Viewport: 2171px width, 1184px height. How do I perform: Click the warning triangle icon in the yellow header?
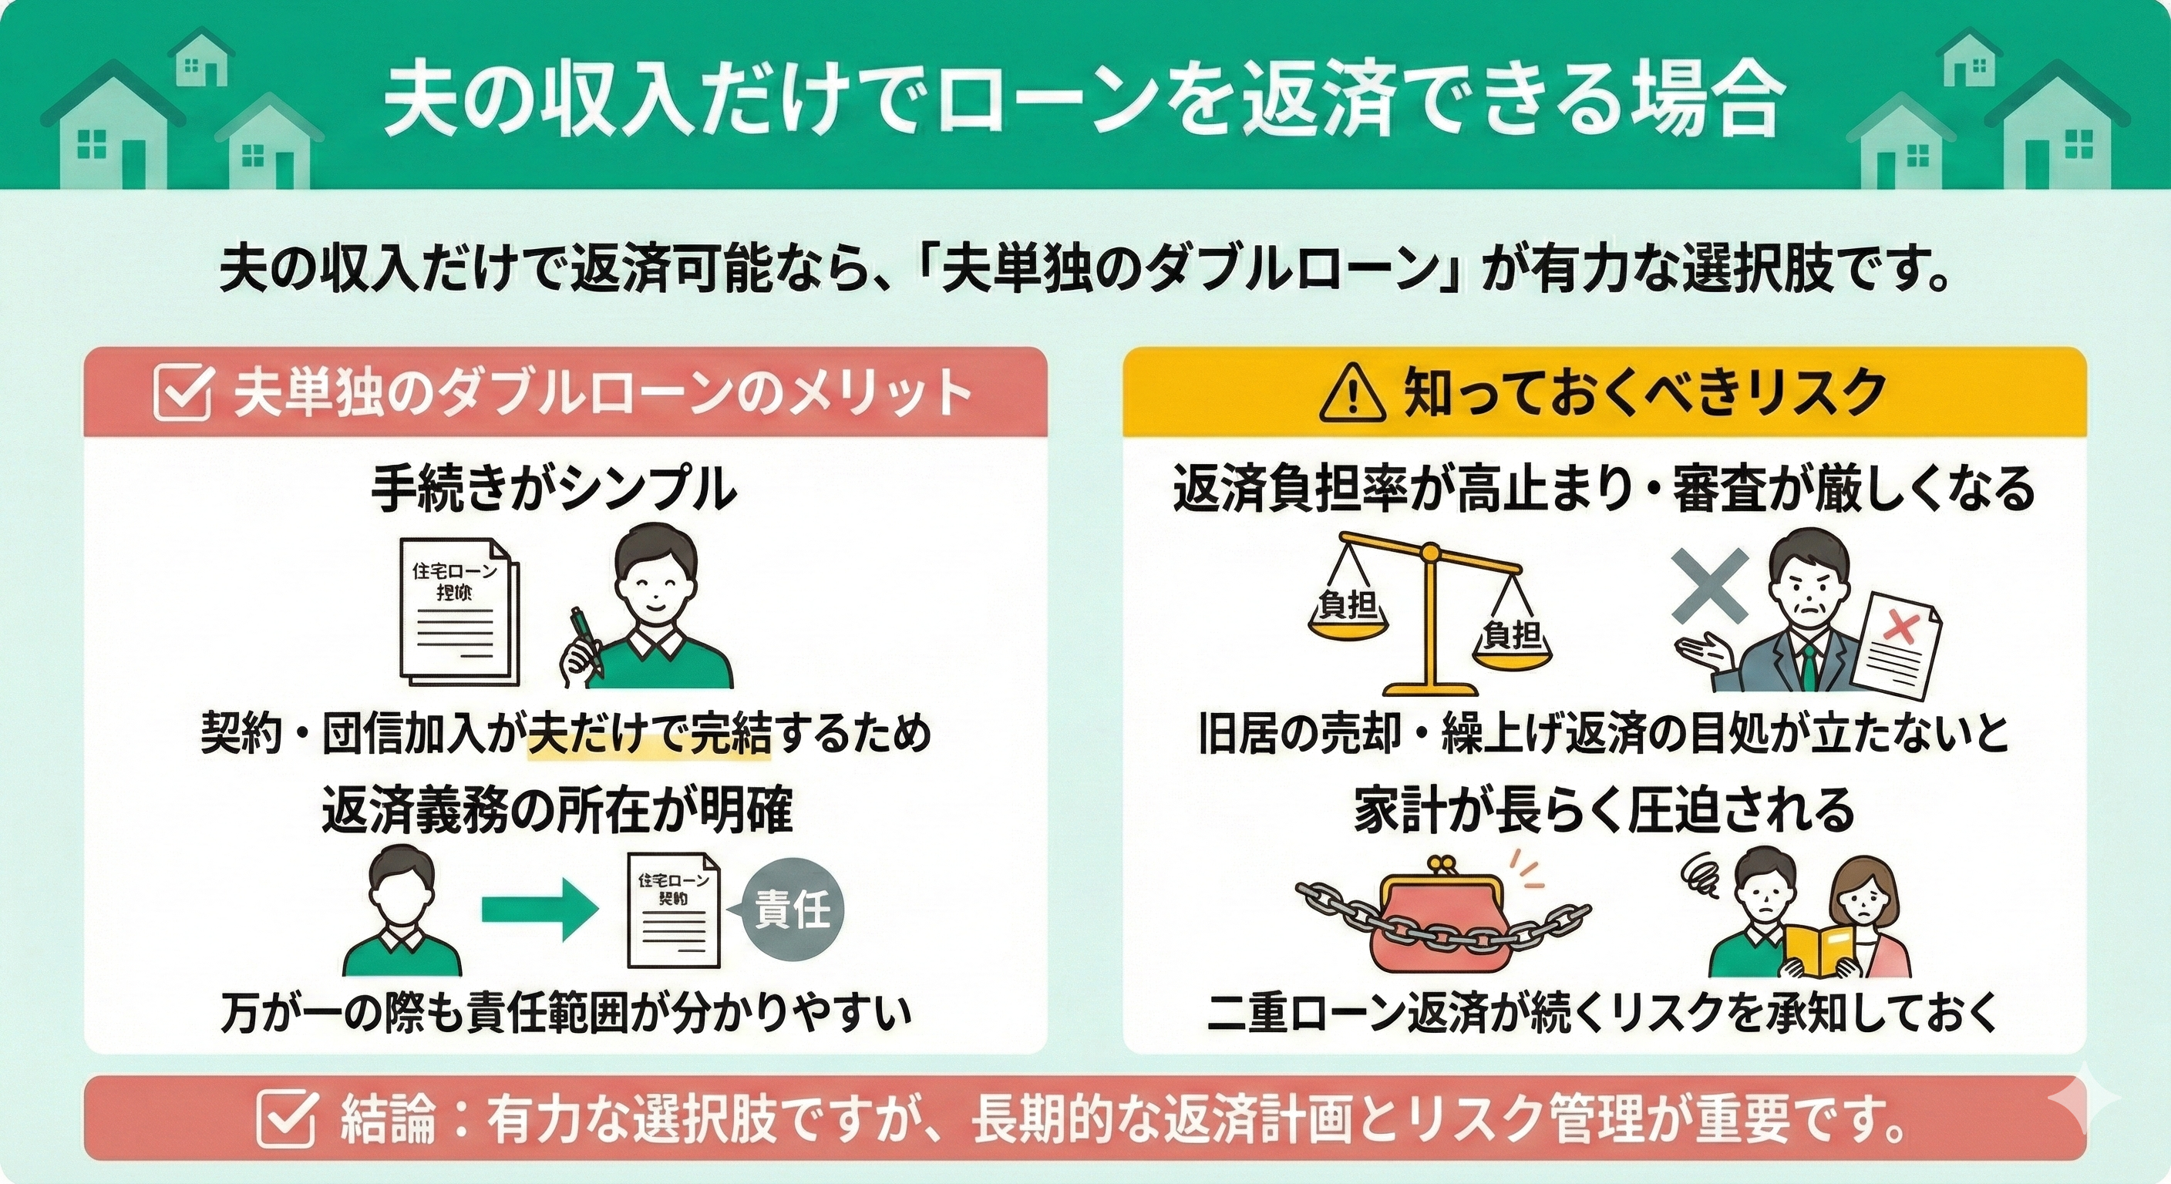point(1351,395)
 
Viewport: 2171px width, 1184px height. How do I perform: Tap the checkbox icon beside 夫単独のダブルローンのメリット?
point(183,392)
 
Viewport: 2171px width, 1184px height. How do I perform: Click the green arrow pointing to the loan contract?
point(540,910)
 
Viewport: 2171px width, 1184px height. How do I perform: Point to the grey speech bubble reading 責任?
point(793,910)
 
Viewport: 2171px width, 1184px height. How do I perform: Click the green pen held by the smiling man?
point(586,641)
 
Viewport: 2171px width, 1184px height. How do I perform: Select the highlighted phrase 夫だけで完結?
point(649,733)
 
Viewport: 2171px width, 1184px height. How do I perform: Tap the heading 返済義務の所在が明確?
point(557,811)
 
